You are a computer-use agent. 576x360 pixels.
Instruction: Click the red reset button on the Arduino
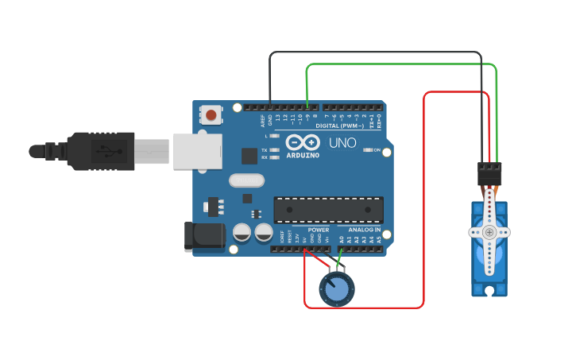[211, 115]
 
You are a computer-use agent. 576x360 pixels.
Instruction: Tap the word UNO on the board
[342, 143]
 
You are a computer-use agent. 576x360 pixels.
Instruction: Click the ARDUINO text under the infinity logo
[302, 155]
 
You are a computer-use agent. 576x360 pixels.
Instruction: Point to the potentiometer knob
[337, 290]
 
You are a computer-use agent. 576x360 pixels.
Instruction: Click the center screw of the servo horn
[489, 233]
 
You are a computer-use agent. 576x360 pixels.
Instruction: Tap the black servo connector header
[489, 173]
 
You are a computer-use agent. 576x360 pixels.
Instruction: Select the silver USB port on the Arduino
[197, 151]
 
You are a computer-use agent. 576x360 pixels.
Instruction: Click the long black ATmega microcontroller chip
[328, 209]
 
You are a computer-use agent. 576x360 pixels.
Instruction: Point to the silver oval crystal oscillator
[246, 180]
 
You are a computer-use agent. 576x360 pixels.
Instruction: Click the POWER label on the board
[319, 230]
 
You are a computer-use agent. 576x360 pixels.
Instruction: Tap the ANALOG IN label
[364, 230]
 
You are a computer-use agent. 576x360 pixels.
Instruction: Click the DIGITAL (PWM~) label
[339, 126]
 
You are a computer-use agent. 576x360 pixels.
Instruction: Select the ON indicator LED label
[377, 149]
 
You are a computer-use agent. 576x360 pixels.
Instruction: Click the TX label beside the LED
[264, 149]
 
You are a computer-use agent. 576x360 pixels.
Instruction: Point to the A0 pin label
[342, 238]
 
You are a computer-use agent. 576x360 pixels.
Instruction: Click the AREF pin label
[264, 121]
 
